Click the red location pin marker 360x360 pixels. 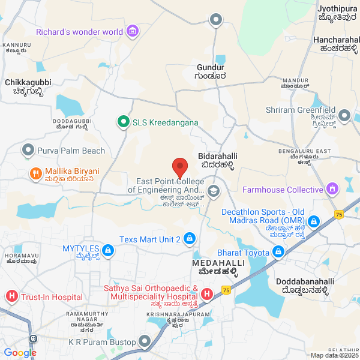(179, 167)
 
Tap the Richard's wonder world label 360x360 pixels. (80, 32)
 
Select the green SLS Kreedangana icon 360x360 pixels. (124, 122)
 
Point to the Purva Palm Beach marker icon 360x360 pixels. (28, 151)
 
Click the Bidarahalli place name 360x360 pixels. (215, 155)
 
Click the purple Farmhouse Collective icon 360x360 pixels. (332, 190)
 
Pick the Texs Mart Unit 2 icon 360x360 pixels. (189, 239)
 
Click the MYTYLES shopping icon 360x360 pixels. (108, 249)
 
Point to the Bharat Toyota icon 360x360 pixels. (278, 251)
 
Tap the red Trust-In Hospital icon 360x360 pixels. (11, 296)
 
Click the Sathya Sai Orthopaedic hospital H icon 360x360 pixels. (206, 293)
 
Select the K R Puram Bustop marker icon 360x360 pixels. (145, 342)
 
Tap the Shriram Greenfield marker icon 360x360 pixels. (344, 115)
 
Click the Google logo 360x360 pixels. (20, 353)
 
